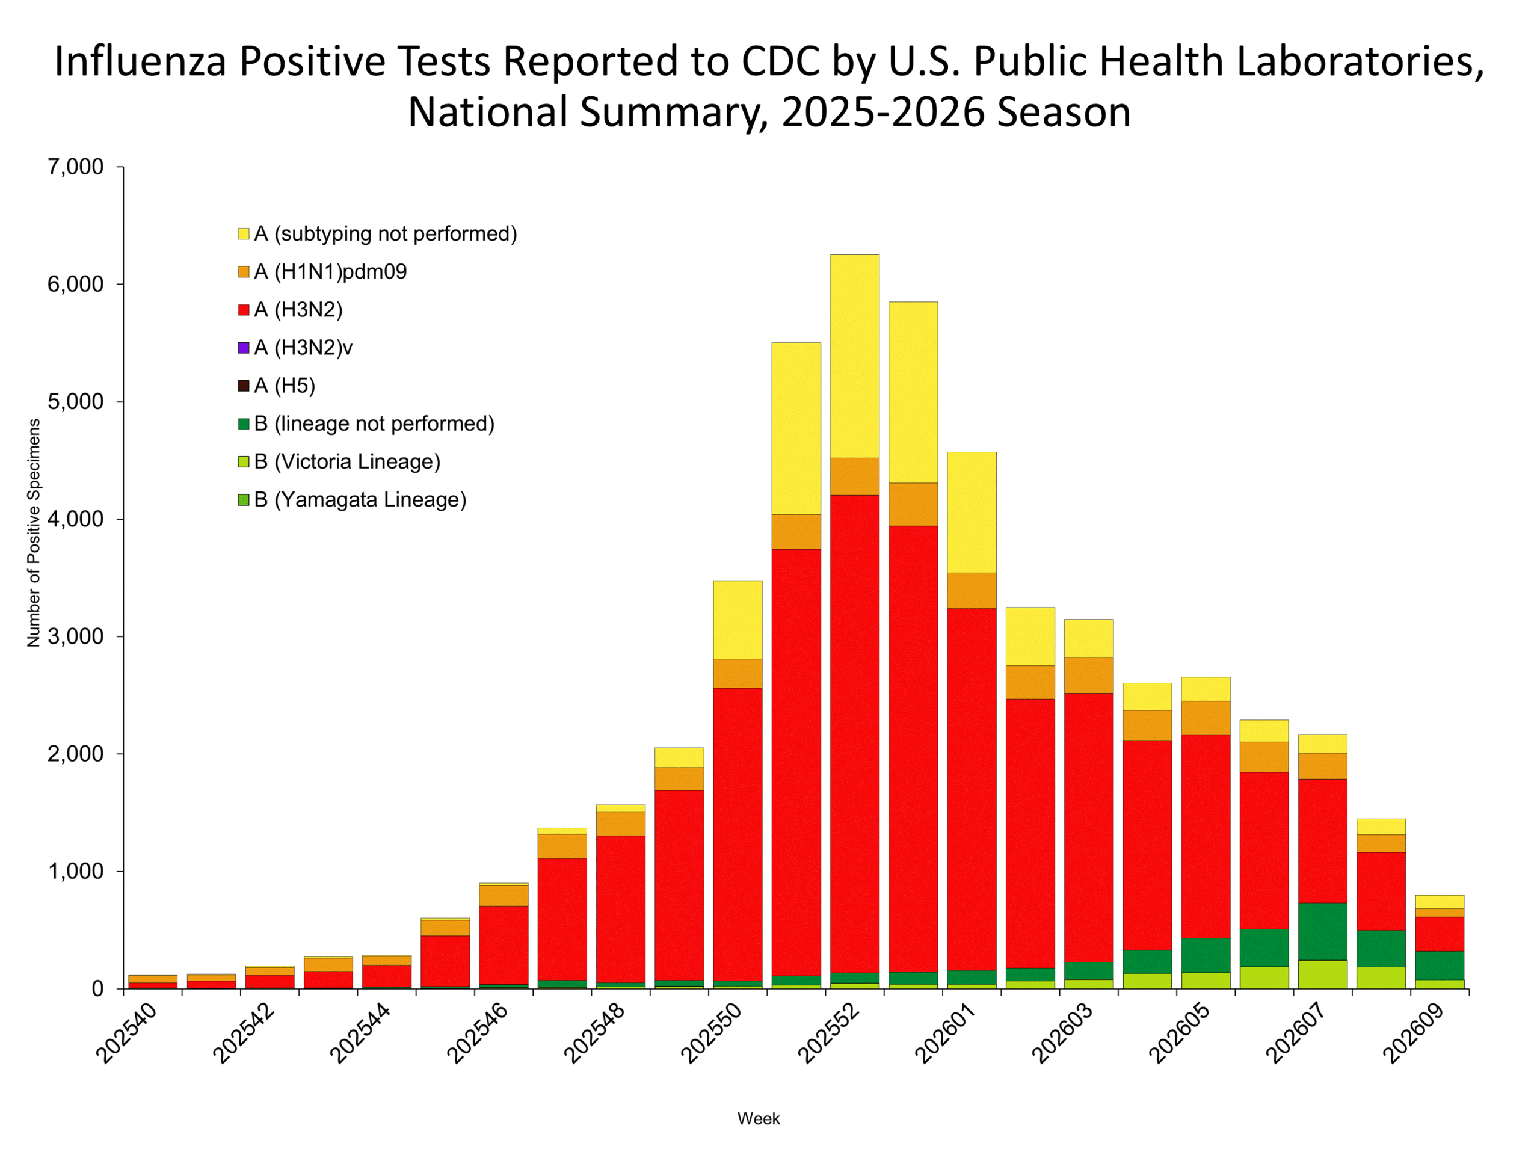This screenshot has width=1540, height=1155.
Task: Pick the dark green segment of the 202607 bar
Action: click(x=1322, y=931)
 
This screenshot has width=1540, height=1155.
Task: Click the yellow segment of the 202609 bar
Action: click(x=1439, y=902)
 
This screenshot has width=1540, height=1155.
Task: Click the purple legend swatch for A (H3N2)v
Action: click(x=244, y=348)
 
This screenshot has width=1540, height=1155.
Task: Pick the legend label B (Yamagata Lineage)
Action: click(x=360, y=500)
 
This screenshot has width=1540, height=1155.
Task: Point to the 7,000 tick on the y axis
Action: click(x=75, y=167)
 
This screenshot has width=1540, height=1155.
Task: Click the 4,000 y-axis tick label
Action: click(x=75, y=519)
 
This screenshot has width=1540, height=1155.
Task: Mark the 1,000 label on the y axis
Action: click(x=75, y=871)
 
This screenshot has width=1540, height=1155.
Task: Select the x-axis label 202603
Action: click(x=1062, y=1035)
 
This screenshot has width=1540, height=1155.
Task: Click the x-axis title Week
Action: click(x=758, y=1119)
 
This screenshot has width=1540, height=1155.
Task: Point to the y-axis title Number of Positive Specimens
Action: click(x=34, y=532)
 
